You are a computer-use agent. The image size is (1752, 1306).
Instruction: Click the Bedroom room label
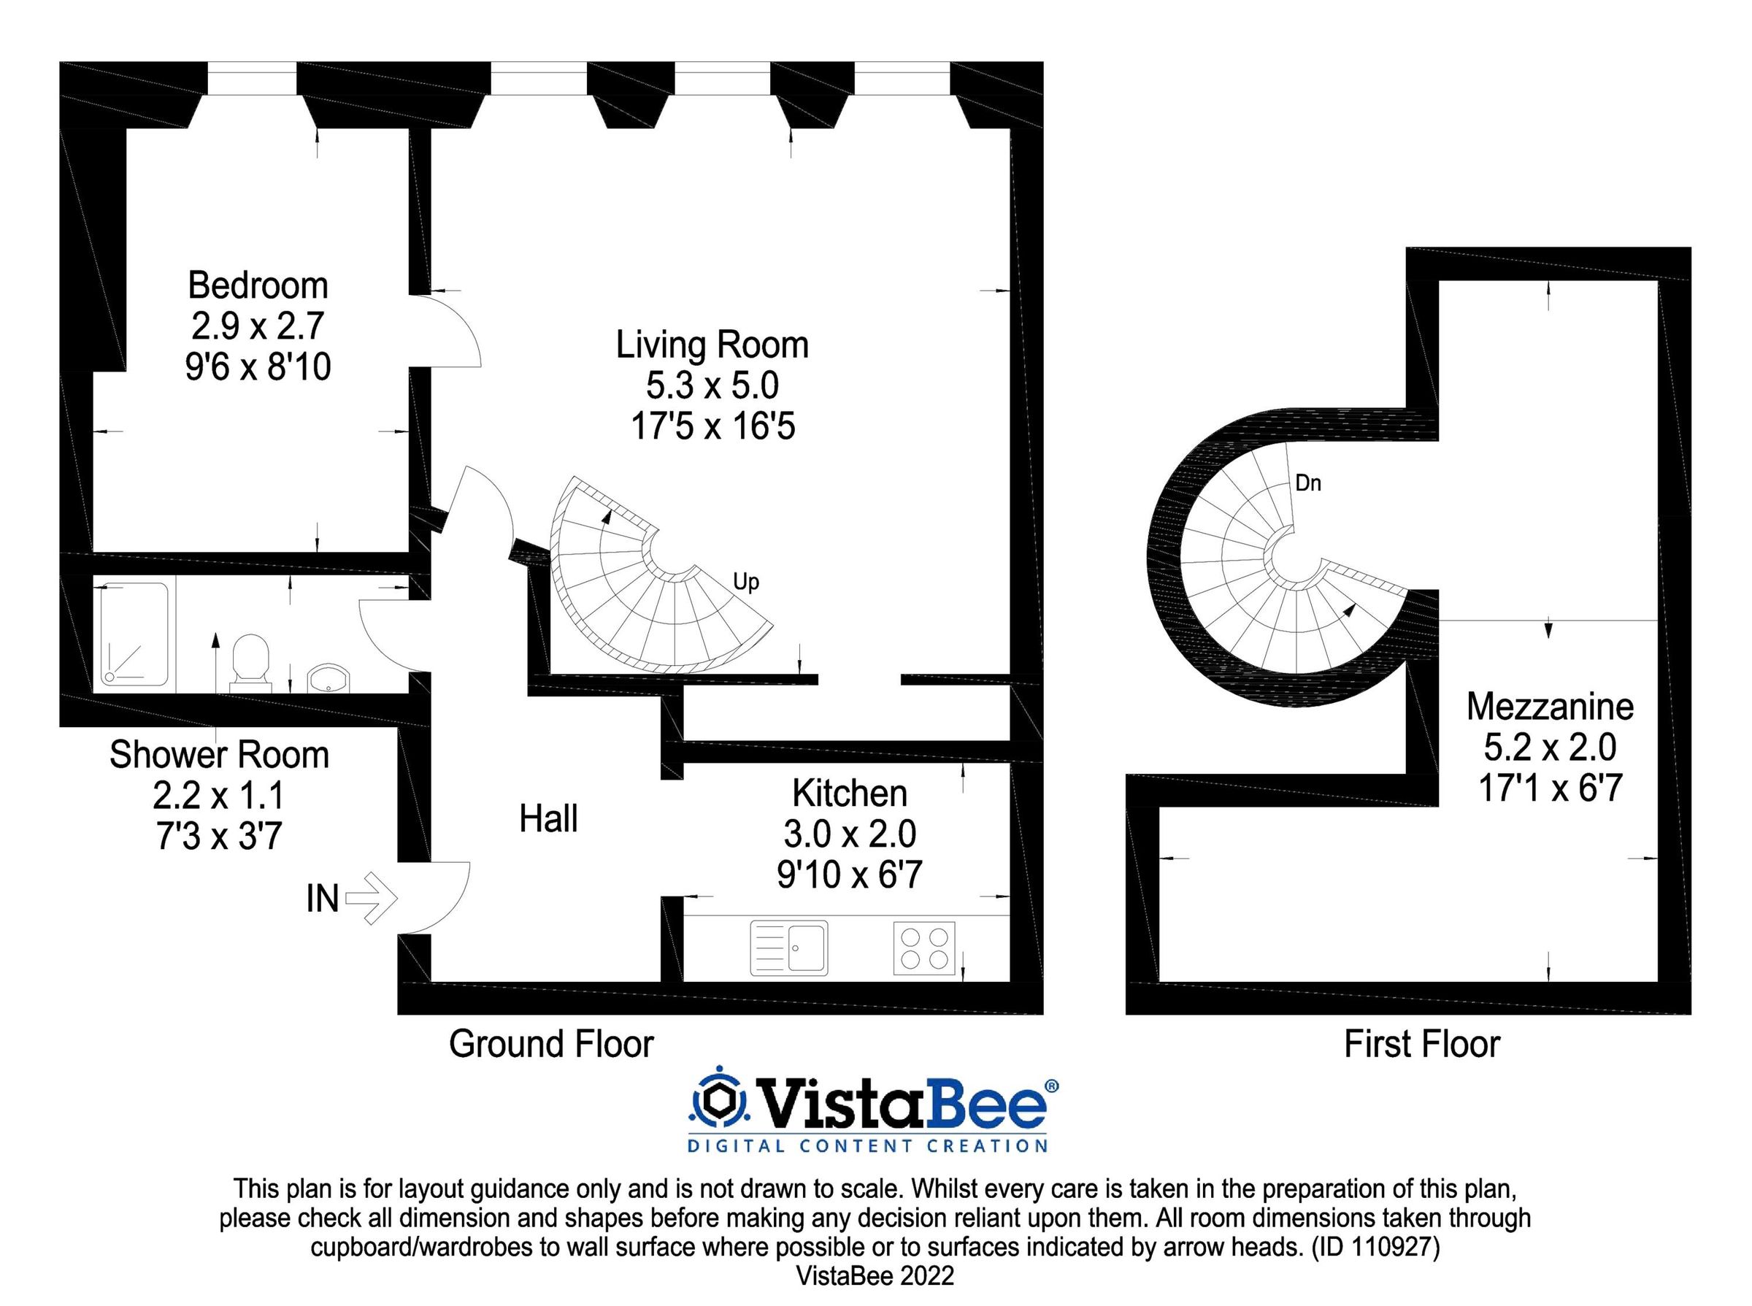click(258, 285)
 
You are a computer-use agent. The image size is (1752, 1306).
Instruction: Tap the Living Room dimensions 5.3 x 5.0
click(712, 385)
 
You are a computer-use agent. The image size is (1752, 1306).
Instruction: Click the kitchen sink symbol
click(788, 947)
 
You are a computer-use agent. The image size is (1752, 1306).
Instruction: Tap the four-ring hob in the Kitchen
click(923, 948)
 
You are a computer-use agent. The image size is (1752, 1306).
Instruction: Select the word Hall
click(548, 819)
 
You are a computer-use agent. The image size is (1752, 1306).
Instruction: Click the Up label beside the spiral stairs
click(745, 582)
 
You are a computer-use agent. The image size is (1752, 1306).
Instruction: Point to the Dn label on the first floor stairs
click(1307, 483)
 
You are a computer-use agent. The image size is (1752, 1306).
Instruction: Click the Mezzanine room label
click(1549, 707)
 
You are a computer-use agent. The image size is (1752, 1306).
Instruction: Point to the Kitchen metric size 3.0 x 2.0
click(849, 834)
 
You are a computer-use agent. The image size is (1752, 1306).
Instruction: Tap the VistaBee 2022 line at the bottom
click(875, 1275)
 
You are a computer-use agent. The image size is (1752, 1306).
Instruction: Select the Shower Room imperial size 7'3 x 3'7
click(219, 837)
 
